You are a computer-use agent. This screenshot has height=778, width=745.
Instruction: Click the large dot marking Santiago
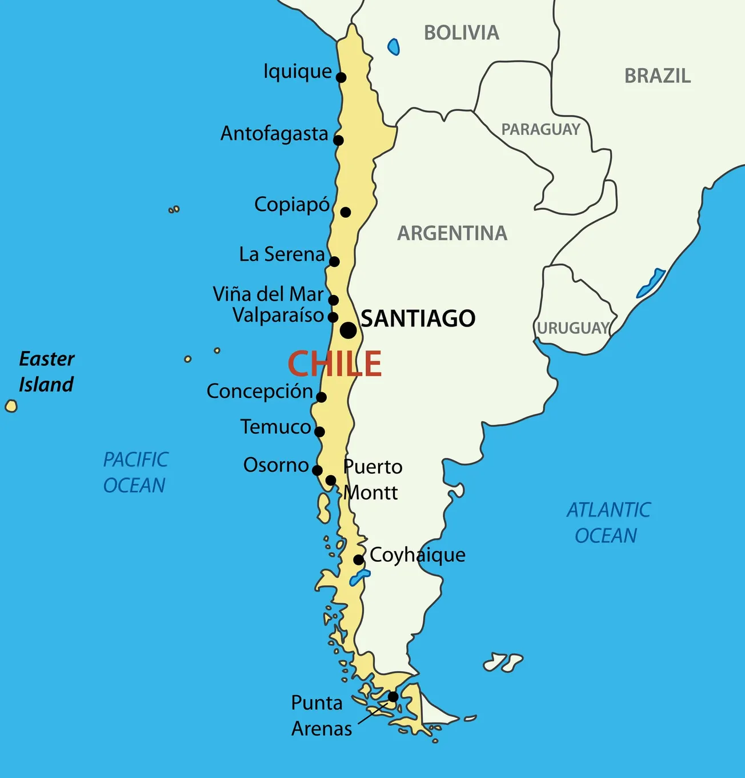pyautogui.click(x=348, y=330)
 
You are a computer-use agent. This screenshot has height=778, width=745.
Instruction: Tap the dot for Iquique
pyautogui.click(x=341, y=77)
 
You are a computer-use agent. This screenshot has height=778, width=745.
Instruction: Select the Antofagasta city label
pyautogui.click(x=274, y=134)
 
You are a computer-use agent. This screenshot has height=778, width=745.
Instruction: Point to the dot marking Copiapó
pyautogui.click(x=345, y=212)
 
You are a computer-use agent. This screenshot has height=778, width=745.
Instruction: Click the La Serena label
pyautogui.click(x=282, y=254)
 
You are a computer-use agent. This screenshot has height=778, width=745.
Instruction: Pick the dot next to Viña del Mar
pyautogui.click(x=333, y=300)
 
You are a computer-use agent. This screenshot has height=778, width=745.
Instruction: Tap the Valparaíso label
pyautogui.click(x=278, y=315)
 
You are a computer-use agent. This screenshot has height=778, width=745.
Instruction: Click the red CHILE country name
pyautogui.click(x=334, y=364)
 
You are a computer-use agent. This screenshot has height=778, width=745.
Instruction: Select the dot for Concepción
pyautogui.click(x=321, y=397)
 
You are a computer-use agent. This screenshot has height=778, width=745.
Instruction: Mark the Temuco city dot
pyautogui.click(x=319, y=432)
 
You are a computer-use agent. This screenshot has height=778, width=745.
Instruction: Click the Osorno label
pyautogui.click(x=276, y=465)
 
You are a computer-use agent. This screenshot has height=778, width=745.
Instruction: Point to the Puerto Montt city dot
pyautogui.click(x=330, y=480)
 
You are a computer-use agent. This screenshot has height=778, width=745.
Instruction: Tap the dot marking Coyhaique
pyautogui.click(x=358, y=560)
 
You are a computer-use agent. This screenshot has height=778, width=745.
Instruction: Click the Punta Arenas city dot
pyautogui.click(x=393, y=696)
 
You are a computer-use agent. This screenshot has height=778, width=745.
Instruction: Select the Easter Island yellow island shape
pyautogui.click(x=11, y=406)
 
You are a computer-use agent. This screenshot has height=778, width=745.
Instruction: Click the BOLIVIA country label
pyautogui.click(x=461, y=33)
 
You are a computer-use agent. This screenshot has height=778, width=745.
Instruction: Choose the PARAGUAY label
pyautogui.click(x=540, y=130)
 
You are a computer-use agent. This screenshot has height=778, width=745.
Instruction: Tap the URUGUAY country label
pyautogui.click(x=572, y=328)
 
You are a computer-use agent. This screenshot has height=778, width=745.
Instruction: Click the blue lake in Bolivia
pyautogui.click(x=394, y=47)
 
